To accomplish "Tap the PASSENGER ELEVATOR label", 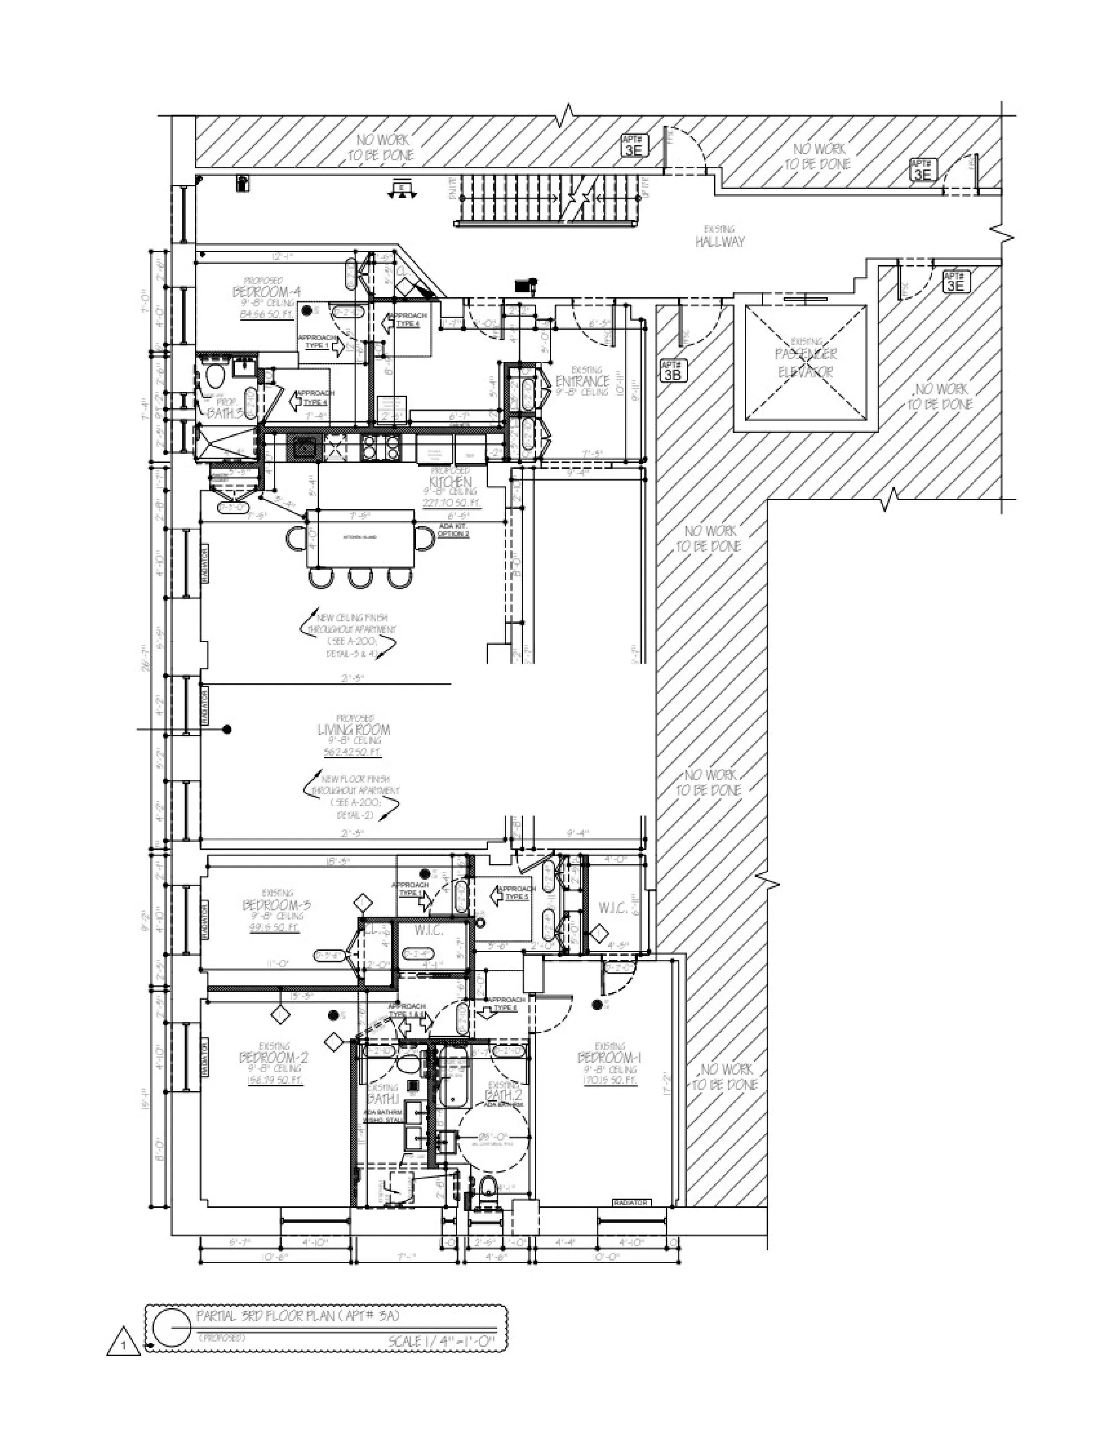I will point(806,362).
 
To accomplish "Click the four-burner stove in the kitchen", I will point(381,447).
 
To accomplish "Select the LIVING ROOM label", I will point(354,729).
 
